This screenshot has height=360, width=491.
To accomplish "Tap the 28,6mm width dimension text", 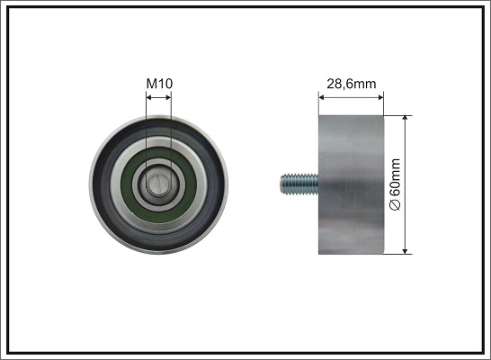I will point(352,84).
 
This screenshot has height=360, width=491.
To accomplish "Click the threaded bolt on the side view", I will point(298,185).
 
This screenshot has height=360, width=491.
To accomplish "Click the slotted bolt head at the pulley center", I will point(158,185).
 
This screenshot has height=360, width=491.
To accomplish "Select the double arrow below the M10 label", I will point(158,95).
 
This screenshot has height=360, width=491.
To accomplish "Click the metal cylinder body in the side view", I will point(352,185).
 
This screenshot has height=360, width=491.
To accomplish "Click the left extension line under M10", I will point(146,126).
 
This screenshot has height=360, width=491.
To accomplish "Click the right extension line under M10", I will point(171,126).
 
